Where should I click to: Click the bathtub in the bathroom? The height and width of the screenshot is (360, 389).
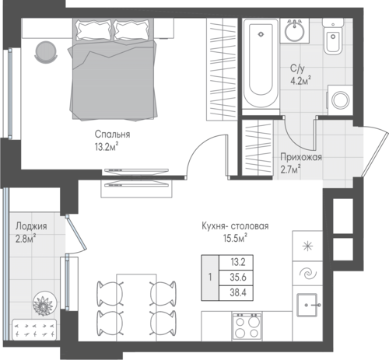point(261,64)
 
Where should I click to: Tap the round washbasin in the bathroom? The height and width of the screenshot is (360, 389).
point(295,31)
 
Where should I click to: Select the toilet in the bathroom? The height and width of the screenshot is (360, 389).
point(333,37)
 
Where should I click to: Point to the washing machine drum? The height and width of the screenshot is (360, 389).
point(341,100)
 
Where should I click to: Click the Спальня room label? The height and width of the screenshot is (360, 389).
point(112,135)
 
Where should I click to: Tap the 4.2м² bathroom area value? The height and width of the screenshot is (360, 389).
point(300,81)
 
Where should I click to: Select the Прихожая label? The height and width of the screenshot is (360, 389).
point(301,157)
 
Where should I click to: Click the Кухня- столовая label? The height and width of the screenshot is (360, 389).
point(235,226)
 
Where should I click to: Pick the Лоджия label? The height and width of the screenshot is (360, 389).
point(31,226)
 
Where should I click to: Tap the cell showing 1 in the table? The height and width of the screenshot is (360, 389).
point(210,278)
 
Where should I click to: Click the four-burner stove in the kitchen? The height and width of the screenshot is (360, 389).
point(247,327)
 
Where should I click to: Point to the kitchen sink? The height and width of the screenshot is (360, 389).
point(307,305)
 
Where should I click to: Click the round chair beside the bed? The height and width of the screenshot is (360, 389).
point(46,51)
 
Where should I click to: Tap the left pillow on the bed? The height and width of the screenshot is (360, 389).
point(93,30)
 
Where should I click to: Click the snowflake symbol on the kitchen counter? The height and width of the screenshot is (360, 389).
point(307,246)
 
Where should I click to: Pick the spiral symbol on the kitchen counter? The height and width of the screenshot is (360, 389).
point(307,274)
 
